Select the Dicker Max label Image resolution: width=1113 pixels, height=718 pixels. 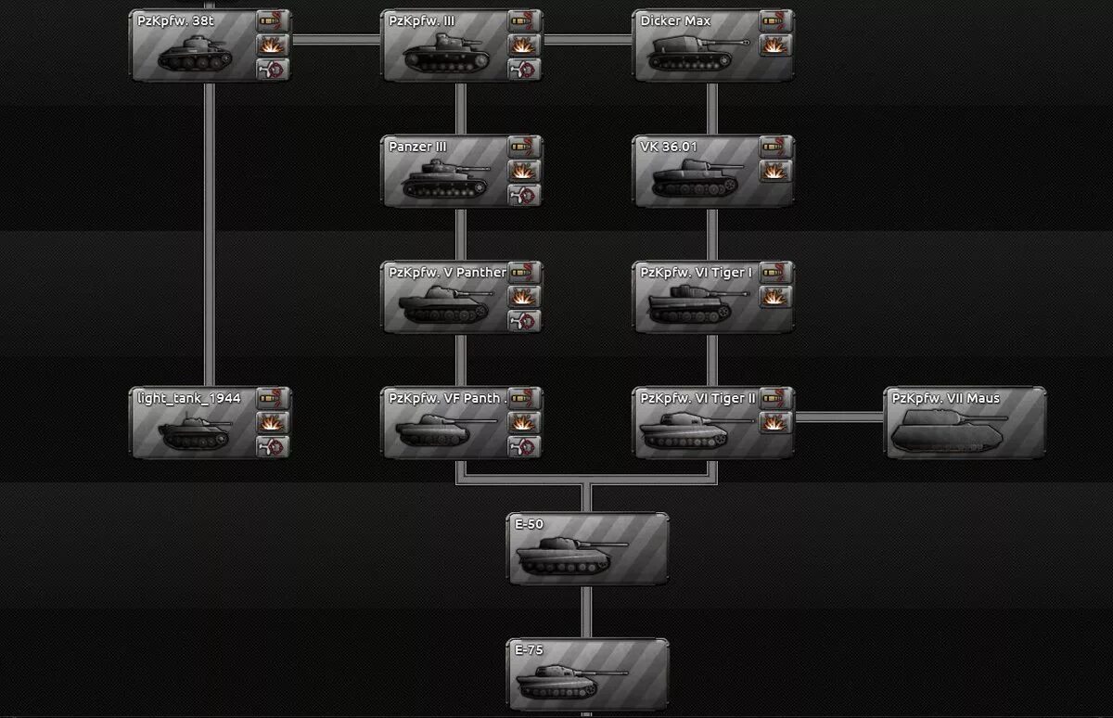coord(675,20)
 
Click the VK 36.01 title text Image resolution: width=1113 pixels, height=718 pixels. coord(669,147)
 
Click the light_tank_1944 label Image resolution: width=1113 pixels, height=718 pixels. coord(189,398)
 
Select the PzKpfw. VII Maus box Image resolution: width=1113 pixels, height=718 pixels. coord(965,423)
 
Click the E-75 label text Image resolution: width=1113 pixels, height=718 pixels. coord(529,650)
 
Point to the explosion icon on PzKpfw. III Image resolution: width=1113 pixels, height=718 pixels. coord(524,45)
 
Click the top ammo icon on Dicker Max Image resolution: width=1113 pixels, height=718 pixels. coord(775,20)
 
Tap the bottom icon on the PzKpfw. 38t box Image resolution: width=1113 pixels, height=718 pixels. coord(272,69)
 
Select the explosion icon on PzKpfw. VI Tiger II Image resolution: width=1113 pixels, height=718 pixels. coord(775,422)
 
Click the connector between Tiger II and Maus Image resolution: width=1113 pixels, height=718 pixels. coord(838,417)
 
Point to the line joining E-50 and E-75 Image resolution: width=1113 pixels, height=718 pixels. coord(586,611)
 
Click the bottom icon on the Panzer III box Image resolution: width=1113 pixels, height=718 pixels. coord(524,195)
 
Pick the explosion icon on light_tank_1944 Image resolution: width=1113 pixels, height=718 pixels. coord(272,422)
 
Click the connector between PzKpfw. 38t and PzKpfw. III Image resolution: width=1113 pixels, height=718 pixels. coord(337,40)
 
